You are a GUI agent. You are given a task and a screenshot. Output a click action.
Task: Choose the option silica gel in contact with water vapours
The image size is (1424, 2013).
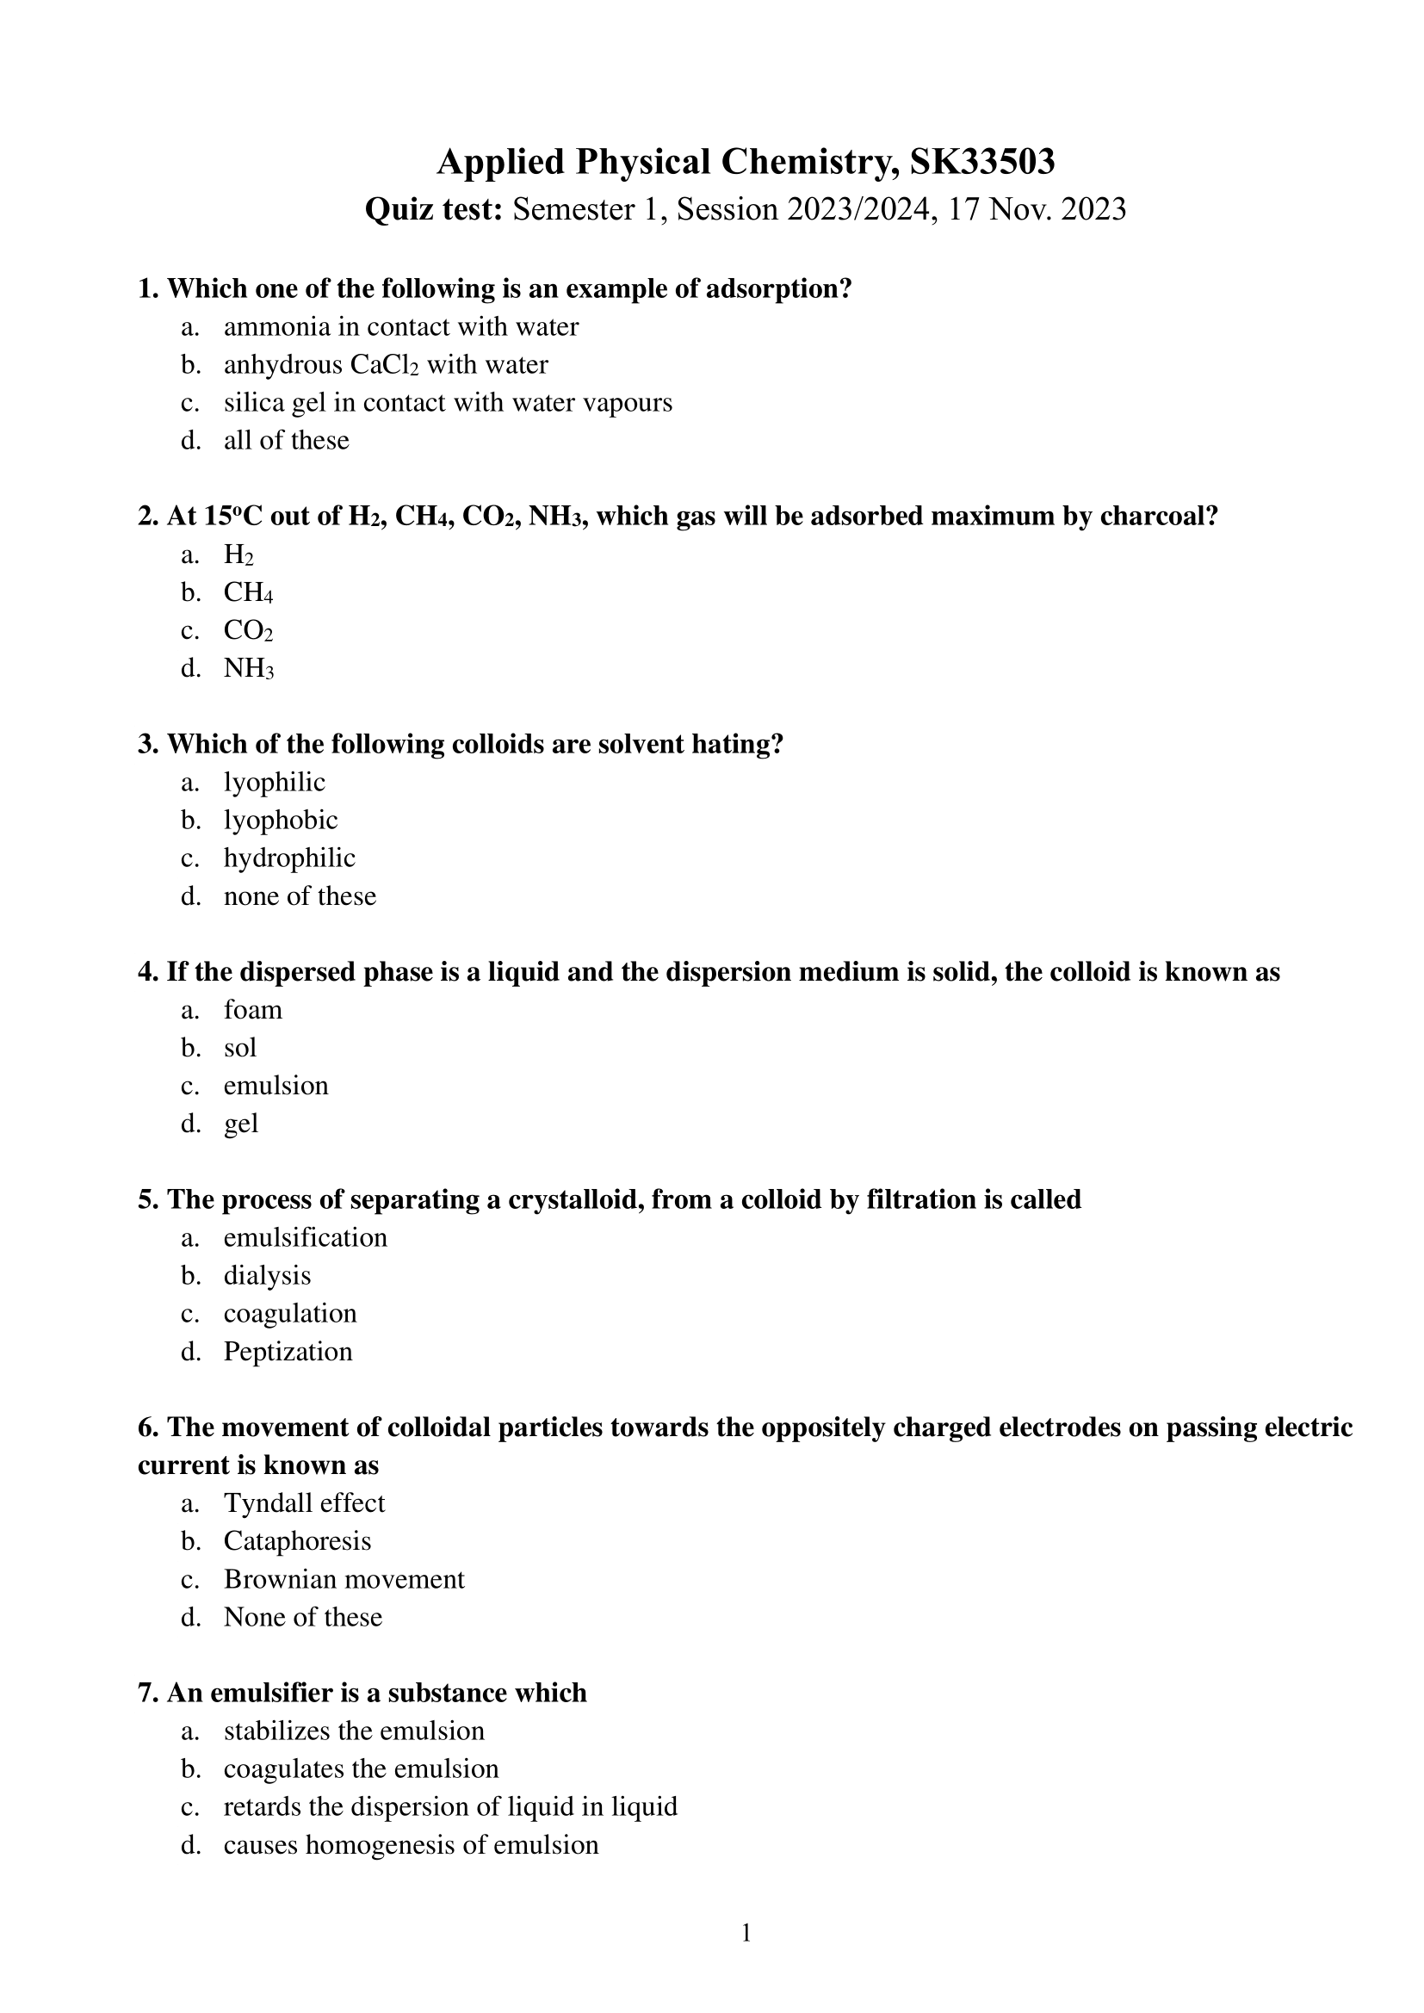click(447, 402)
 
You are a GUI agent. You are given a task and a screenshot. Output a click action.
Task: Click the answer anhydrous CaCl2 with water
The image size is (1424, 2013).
click(386, 365)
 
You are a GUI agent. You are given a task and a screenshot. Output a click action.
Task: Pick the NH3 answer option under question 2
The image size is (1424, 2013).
click(249, 669)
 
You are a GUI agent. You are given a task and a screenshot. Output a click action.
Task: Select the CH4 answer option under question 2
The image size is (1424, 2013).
click(248, 592)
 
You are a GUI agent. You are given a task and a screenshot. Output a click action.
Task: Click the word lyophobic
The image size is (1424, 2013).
click(281, 820)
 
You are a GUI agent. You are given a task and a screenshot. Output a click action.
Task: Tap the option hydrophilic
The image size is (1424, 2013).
click(289, 858)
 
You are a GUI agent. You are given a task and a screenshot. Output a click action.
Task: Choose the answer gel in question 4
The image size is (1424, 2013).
click(241, 1124)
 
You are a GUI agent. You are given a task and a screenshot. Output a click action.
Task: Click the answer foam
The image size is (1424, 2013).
click(252, 1010)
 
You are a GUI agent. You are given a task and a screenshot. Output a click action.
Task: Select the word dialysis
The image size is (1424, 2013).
click(268, 1276)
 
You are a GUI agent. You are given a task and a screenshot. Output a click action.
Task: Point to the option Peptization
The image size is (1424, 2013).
click(288, 1351)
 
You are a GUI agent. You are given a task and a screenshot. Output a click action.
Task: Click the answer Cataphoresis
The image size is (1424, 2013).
click(297, 1541)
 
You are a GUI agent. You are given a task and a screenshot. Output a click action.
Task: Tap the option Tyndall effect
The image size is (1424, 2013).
click(304, 1503)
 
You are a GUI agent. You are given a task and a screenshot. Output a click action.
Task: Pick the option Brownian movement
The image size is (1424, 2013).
click(344, 1579)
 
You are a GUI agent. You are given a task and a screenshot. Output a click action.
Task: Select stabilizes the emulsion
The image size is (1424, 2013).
click(353, 1731)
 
